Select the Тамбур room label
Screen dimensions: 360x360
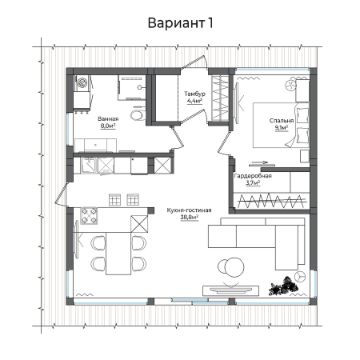[x=194, y=93]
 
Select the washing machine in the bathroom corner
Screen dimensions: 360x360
[x=84, y=88]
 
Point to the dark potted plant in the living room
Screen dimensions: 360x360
[x=290, y=283]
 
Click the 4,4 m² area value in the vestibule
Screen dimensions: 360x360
[x=194, y=101]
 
